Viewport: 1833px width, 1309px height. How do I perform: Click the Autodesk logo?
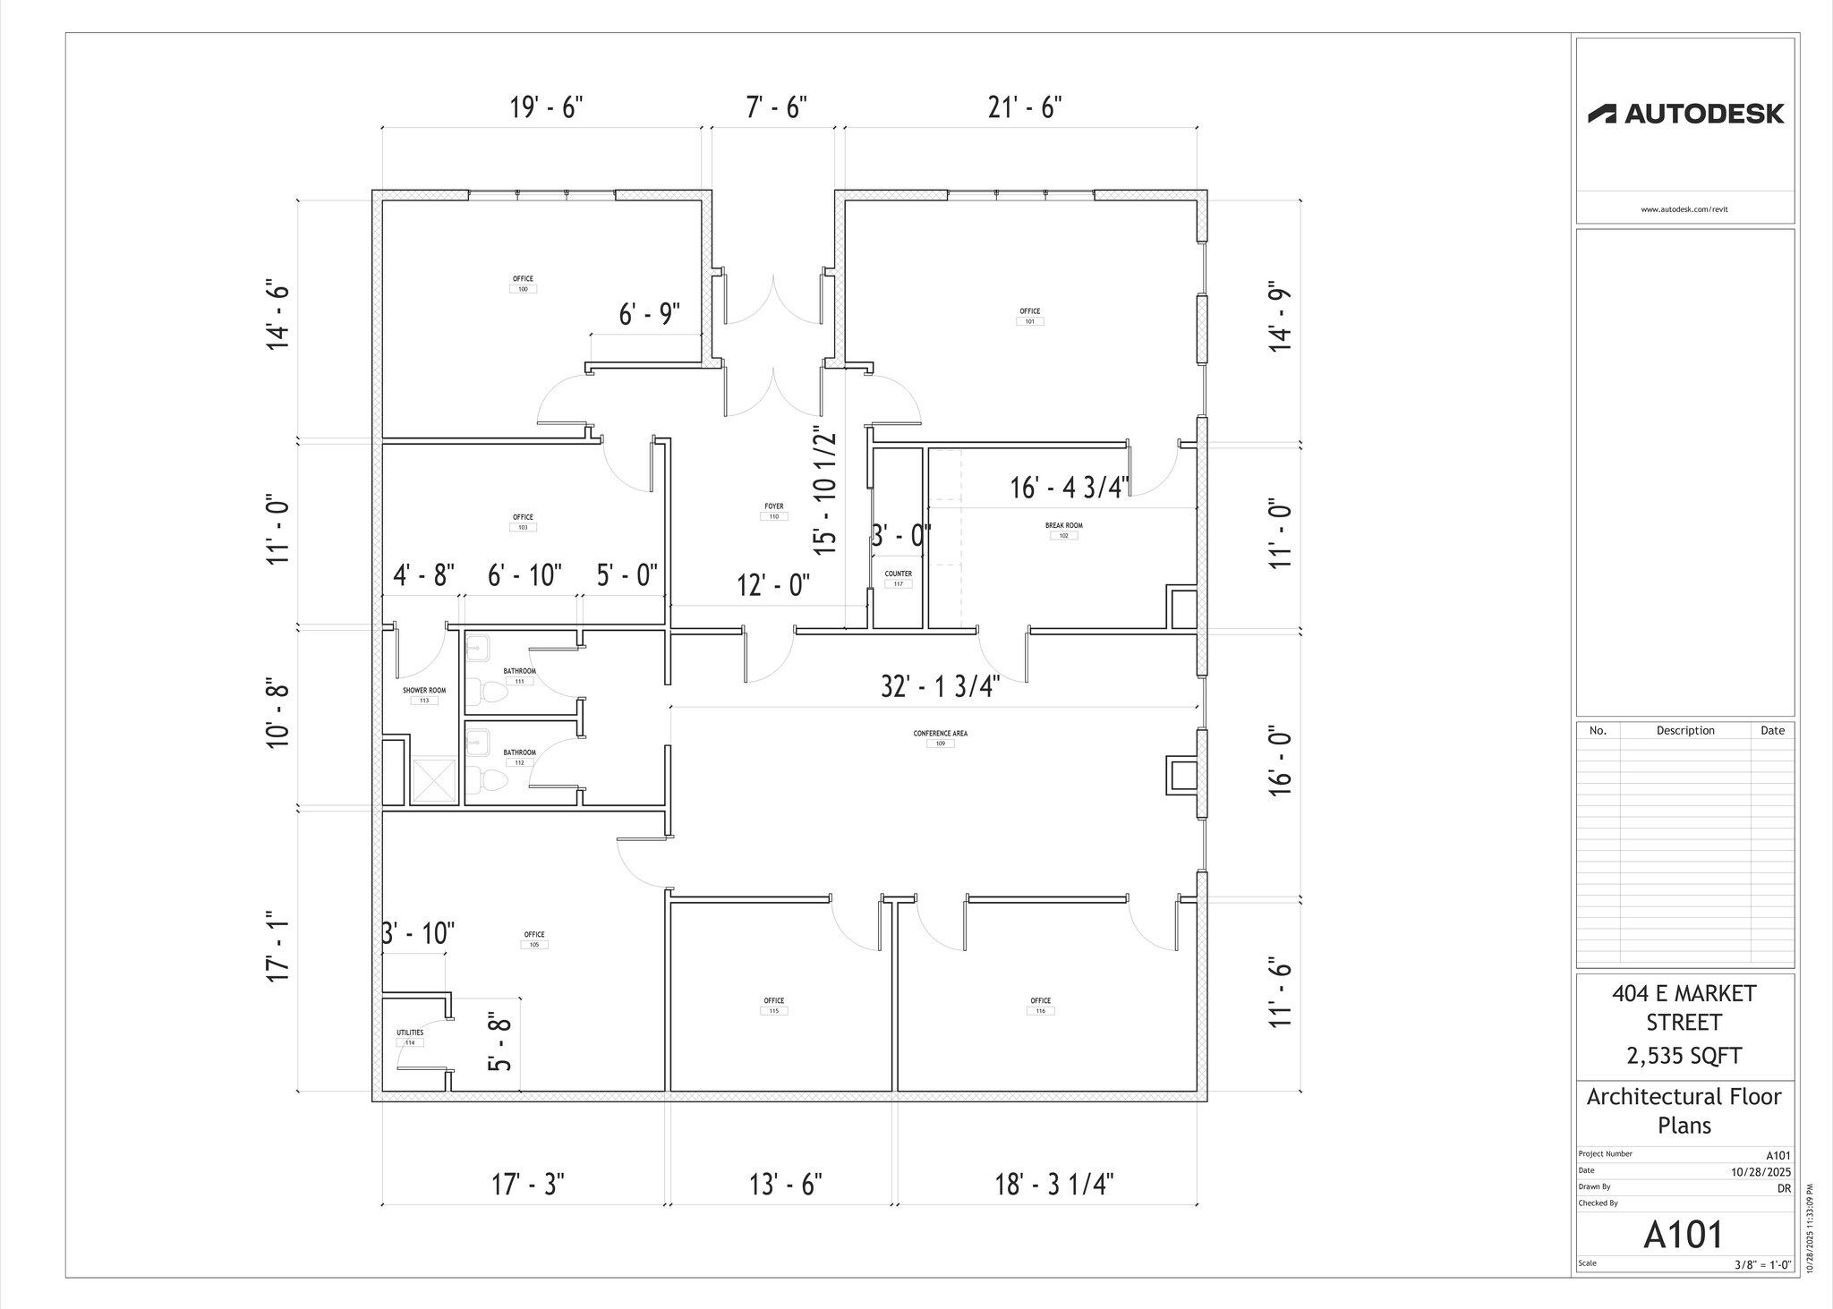click(1684, 114)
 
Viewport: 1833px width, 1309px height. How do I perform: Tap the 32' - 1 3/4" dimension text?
click(940, 686)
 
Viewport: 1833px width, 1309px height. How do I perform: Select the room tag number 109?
click(940, 744)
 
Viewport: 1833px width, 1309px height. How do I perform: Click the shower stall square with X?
click(434, 781)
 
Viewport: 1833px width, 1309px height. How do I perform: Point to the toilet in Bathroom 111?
click(490, 691)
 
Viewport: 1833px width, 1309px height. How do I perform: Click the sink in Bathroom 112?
click(477, 741)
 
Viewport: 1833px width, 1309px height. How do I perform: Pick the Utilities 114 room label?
click(410, 1037)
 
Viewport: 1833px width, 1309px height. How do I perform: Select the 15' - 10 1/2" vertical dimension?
click(825, 490)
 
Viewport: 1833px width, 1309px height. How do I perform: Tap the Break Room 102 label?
click(1063, 531)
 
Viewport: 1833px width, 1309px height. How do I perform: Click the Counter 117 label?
click(898, 578)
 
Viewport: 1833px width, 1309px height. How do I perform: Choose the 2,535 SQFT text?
click(1684, 1056)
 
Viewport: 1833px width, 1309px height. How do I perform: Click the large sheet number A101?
click(1684, 1235)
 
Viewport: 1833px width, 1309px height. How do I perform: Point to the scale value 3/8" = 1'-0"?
click(1762, 1265)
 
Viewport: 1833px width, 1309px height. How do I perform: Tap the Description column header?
click(1684, 730)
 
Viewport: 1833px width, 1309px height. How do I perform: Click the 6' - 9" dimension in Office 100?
click(649, 314)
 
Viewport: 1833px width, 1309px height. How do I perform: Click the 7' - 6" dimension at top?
click(776, 107)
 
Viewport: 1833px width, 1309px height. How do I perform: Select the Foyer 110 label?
click(774, 511)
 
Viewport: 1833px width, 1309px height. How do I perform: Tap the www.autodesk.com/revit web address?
click(1684, 209)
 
